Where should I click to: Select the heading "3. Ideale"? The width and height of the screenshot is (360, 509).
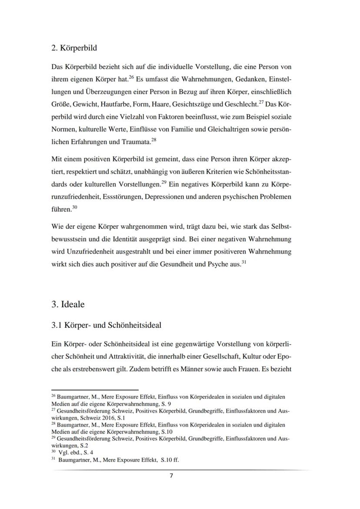(68, 304)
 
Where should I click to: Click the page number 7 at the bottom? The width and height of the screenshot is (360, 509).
(171, 476)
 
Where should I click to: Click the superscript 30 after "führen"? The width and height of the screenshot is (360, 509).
(75, 207)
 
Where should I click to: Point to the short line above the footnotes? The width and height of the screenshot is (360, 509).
(94, 390)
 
